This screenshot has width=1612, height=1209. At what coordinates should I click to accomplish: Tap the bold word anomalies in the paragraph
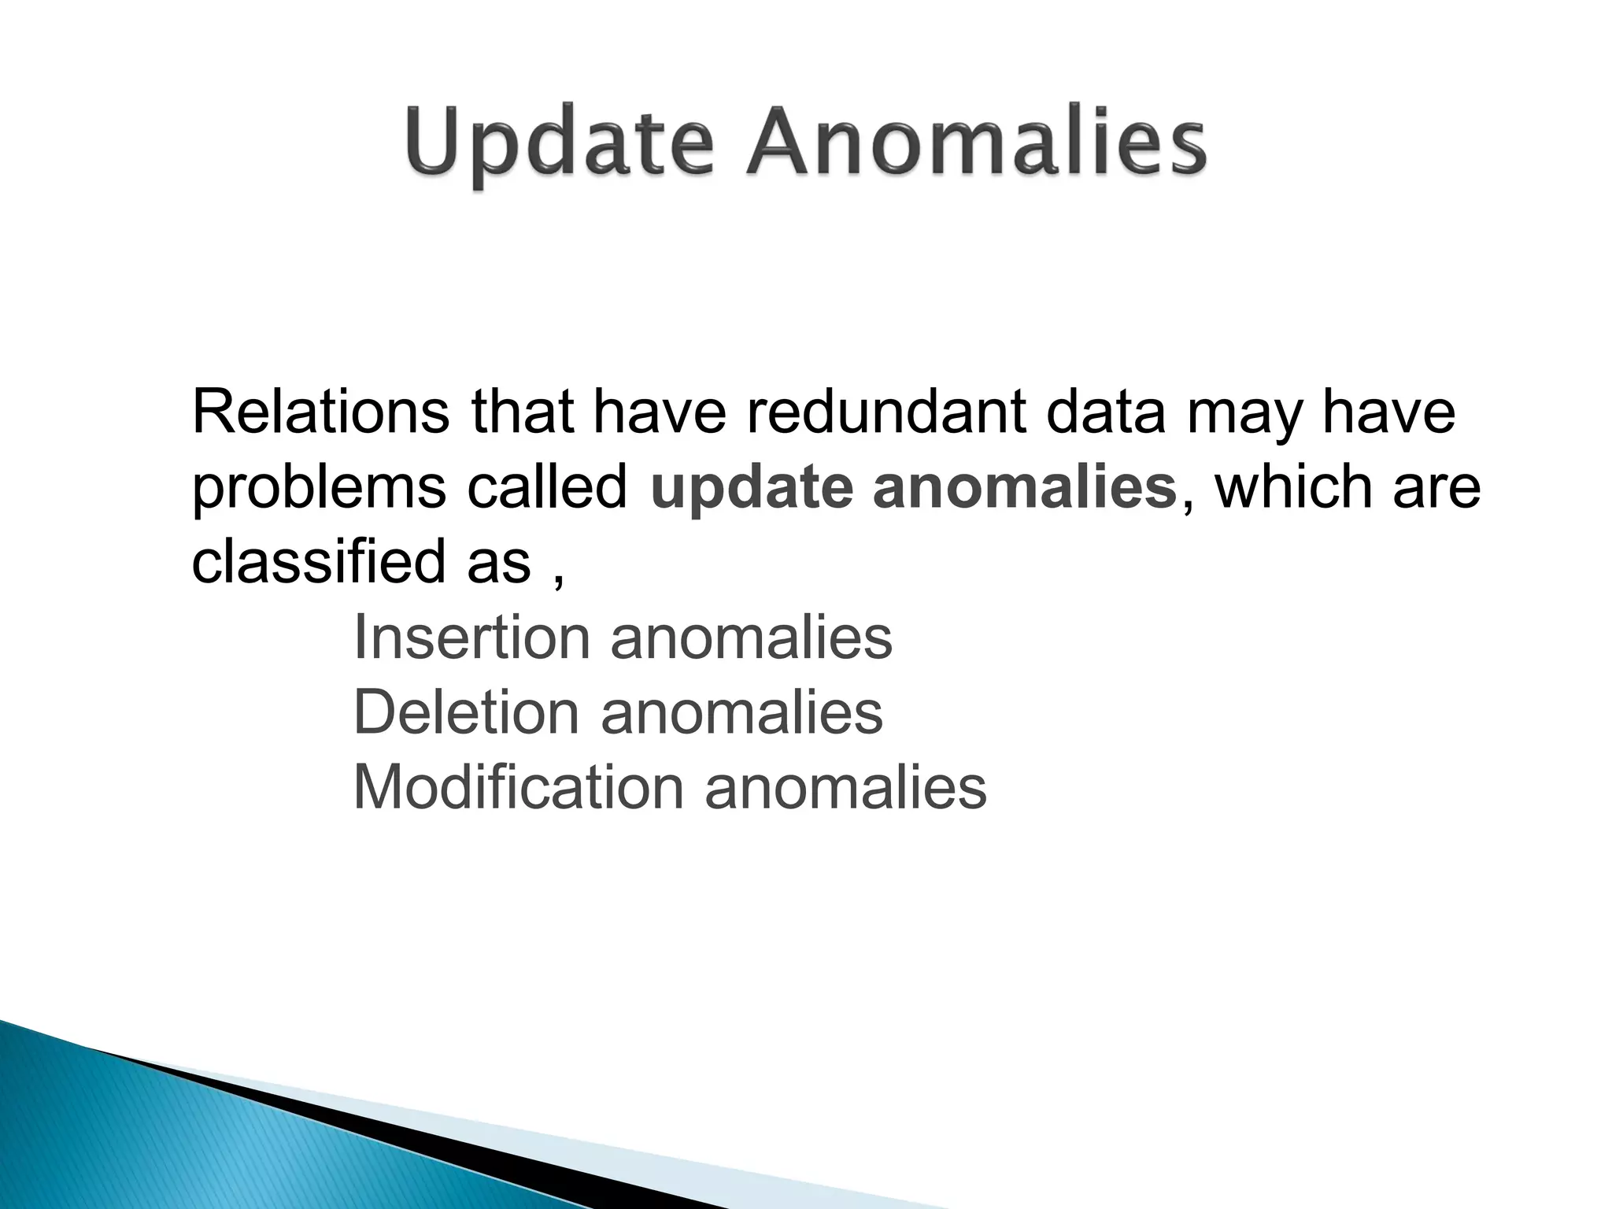click(1024, 486)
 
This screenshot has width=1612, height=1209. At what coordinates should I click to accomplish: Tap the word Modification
click(518, 787)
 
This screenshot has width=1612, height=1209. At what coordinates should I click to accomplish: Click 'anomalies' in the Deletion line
click(741, 712)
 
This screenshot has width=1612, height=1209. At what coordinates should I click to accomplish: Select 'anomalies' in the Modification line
click(845, 787)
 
